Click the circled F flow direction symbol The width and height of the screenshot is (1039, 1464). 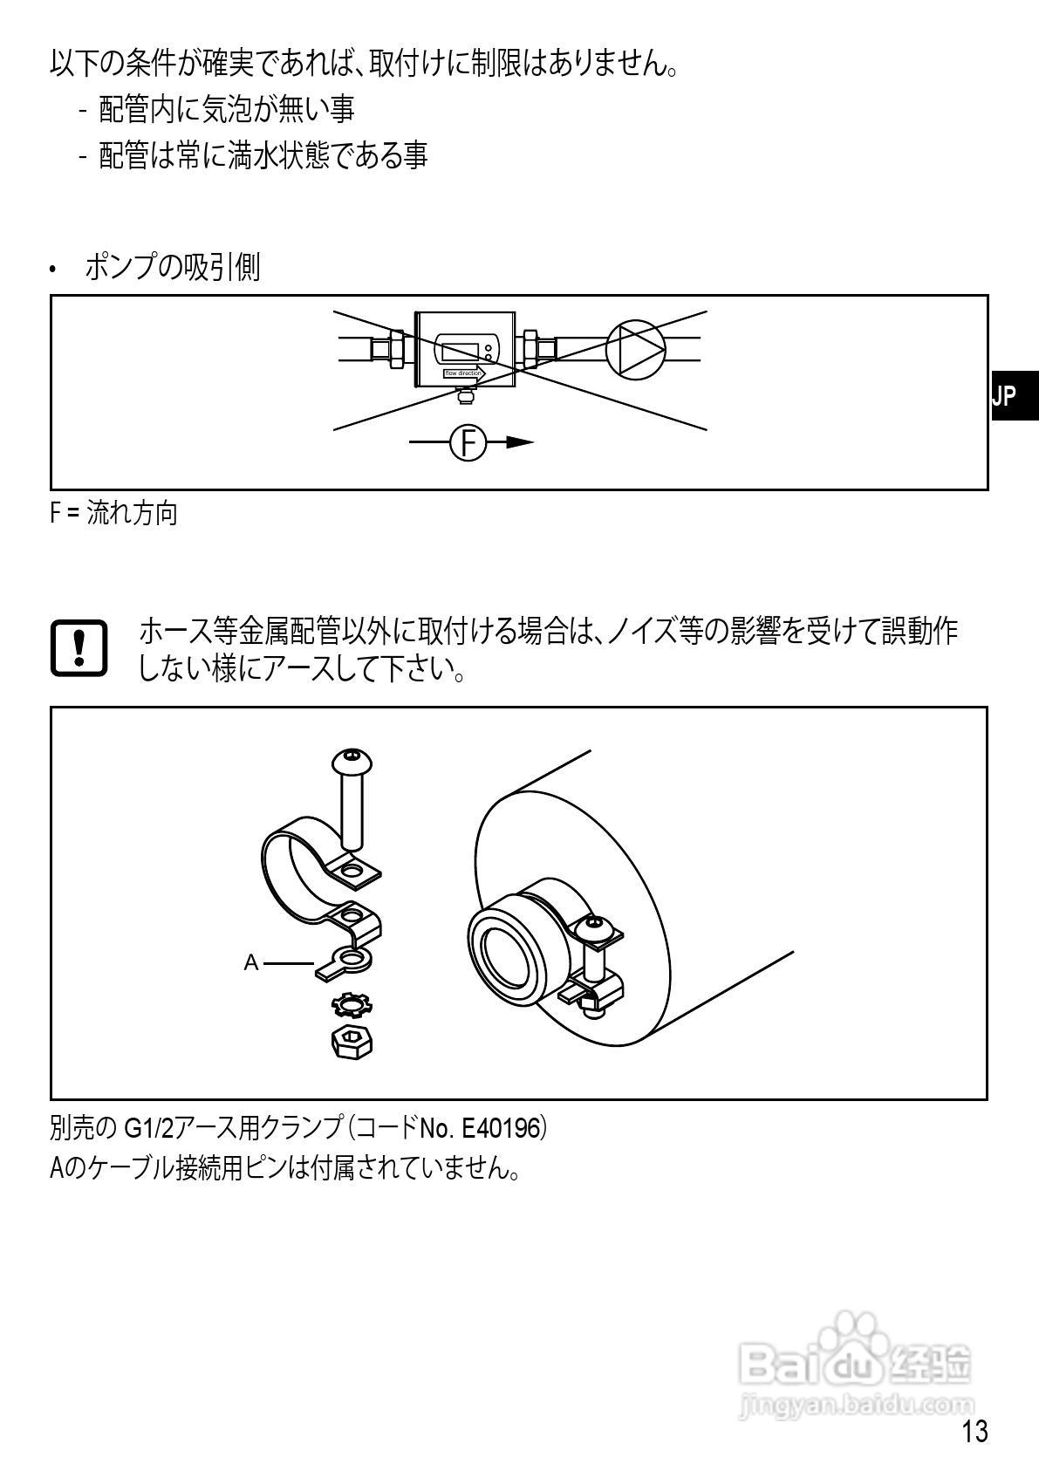pos(468,442)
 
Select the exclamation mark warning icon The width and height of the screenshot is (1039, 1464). pos(79,647)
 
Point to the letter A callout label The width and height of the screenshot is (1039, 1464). pos(251,963)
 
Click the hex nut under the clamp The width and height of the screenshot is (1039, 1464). pos(352,1041)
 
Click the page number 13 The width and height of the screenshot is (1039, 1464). pos(974,1432)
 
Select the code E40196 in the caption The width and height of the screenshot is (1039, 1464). pos(502,1128)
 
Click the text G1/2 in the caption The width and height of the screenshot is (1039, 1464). pos(147,1128)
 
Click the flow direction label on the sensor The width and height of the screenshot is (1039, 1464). pos(463,373)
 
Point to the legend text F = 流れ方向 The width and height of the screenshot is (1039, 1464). pos(113,513)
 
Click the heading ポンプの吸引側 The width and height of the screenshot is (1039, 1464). pos(172,267)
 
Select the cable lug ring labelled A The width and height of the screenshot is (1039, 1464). pos(350,962)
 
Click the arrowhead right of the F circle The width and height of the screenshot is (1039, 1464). pos(520,442)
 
